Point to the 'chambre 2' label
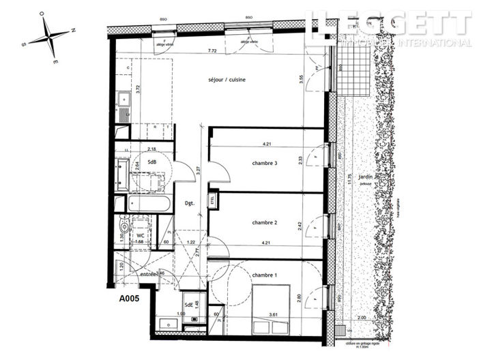[x=265, y=223]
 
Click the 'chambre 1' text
[x=265, y=275]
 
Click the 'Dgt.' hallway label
[x=190, y=202]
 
